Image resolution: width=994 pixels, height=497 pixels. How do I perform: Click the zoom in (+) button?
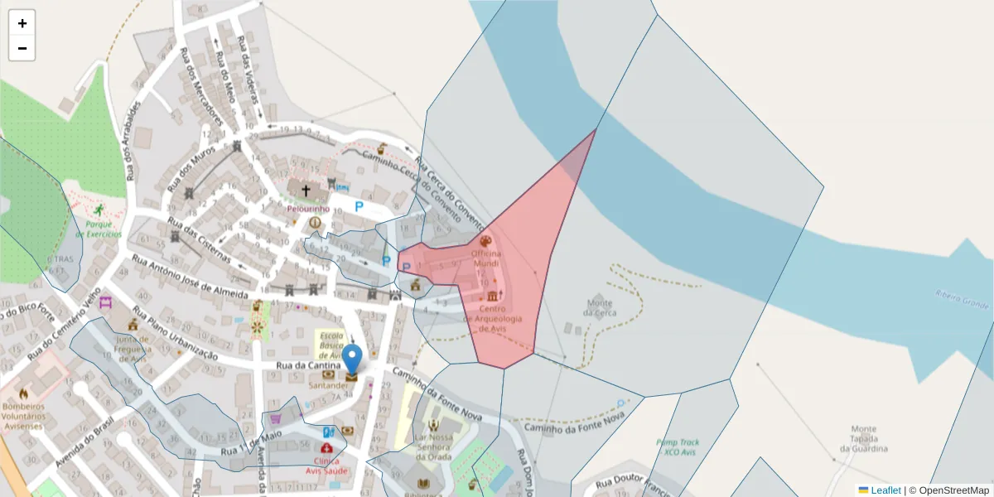point(22,23)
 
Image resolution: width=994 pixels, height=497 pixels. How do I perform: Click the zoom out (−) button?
point(22,48)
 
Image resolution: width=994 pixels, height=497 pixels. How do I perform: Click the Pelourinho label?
point(308,210)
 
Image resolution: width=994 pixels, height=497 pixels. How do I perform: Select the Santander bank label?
point(329,385)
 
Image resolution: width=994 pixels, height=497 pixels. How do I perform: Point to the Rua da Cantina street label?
point(308,365)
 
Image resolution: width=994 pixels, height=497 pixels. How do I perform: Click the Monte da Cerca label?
point(600,307)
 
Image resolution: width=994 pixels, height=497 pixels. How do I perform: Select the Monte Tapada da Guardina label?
point(863,438)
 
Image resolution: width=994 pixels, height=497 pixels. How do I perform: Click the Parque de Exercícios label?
point(104,229)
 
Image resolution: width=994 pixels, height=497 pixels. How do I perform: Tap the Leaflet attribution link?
point(885,490)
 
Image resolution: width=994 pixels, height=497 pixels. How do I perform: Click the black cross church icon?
point(306,191)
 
